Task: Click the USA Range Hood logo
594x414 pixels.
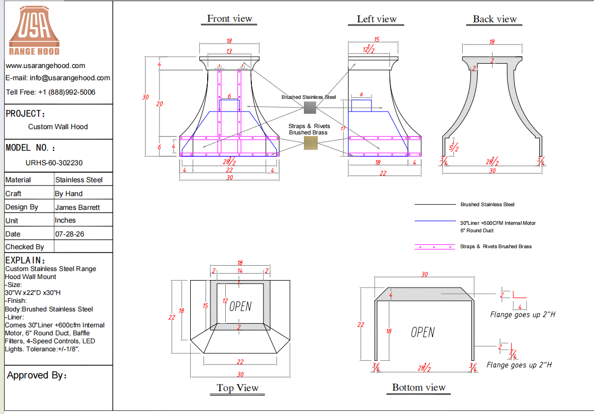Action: [x=34, y=31]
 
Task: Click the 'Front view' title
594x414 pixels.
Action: [x=229, y=19]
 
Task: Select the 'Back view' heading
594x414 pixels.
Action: [x=494, y=19]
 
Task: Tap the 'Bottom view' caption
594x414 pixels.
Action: [x=419, y=387]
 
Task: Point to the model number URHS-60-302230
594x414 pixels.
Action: [x=54, y=163]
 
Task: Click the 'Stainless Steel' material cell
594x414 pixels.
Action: [x=79, y=180]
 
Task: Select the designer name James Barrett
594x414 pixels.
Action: [x=77, y=208]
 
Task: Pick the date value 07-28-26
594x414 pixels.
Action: [x=69, y=234]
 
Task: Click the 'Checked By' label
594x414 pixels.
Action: [x=24, y=247]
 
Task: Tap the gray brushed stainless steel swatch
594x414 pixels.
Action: [x=310, y=107]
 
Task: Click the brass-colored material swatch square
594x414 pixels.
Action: [x=311, y=143]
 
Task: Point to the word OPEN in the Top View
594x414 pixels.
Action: [x=240, y=306]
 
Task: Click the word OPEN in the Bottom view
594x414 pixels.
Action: [x=423, y=332]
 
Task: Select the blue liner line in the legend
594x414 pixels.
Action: [x=435, y=221]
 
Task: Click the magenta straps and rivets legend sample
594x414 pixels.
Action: [x=435, y=247]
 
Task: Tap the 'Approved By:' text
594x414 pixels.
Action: [x=37, y=375]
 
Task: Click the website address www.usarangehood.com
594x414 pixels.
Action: [x=46, y=65]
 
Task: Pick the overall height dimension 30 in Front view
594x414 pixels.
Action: [x=146, y=97]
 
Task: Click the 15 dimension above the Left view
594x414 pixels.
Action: [x=377, y=39]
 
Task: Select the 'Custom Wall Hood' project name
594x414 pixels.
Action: [x=58, y=127]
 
